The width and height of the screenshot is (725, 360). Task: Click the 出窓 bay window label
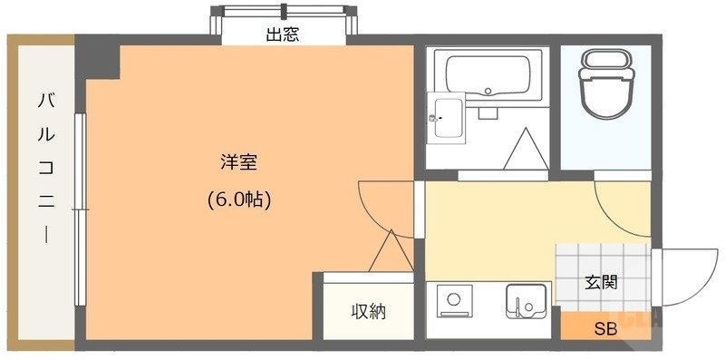tap(283, 36)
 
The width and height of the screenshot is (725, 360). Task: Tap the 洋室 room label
tap(239, 163)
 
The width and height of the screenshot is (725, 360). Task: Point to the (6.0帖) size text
tap(239, 199)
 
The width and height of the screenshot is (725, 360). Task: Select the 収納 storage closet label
tap(369, 311)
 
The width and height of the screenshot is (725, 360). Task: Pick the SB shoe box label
tap(604, 328)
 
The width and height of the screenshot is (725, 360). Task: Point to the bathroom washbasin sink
tap(447, 117)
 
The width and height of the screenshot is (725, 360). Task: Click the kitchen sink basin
tap(526, 301)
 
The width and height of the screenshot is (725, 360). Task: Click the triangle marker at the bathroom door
tap(523, 151)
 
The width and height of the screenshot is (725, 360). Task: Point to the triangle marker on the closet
tap(390, 253)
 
